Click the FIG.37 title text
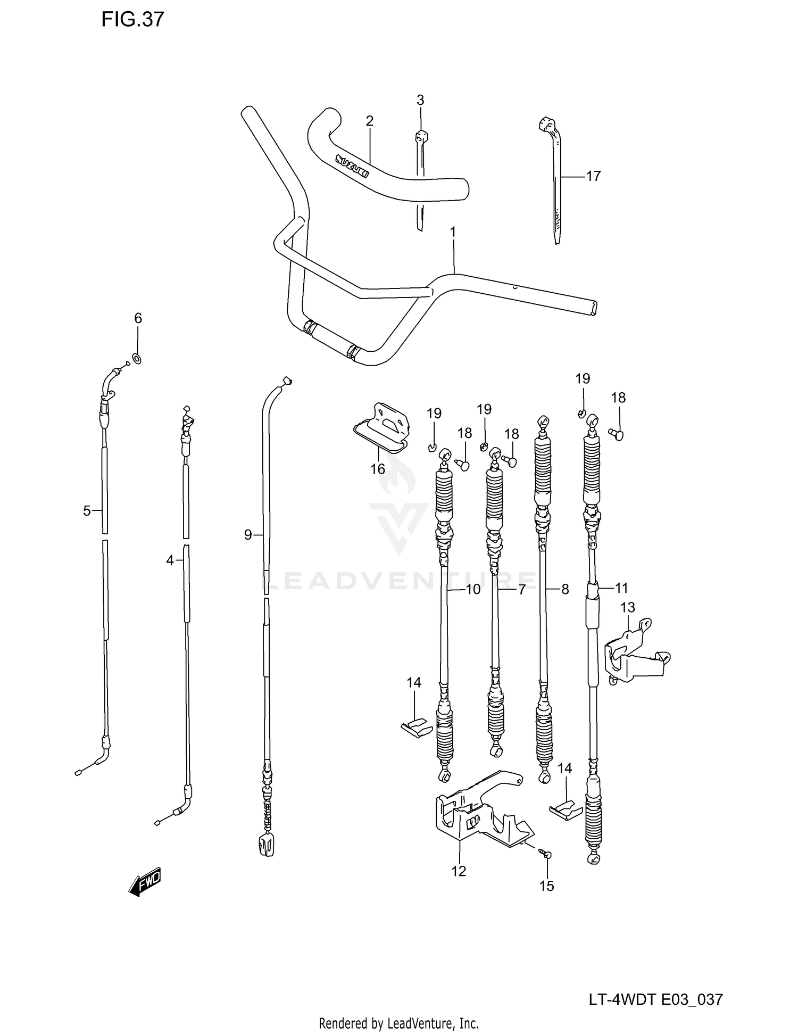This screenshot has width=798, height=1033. point(133,20)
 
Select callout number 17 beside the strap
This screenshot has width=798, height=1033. point(593,176)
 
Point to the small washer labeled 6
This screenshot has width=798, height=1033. point(137,359)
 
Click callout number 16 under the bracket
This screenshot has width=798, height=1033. point(377,469)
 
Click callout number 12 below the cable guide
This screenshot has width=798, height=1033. point(459,871)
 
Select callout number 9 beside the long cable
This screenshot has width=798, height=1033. point(248,534)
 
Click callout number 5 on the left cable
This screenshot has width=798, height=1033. point(87,511)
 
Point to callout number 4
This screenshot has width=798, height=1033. point(170,560)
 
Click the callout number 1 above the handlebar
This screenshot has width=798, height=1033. point(453,232)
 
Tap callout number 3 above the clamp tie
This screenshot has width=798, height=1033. point(420,100)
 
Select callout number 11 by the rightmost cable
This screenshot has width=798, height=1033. point(621,588)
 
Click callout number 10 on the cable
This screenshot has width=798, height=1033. point(473,589)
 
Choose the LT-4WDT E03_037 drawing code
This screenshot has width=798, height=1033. point(655,999)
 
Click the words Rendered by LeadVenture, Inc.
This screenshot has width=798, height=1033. point(398,1023)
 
